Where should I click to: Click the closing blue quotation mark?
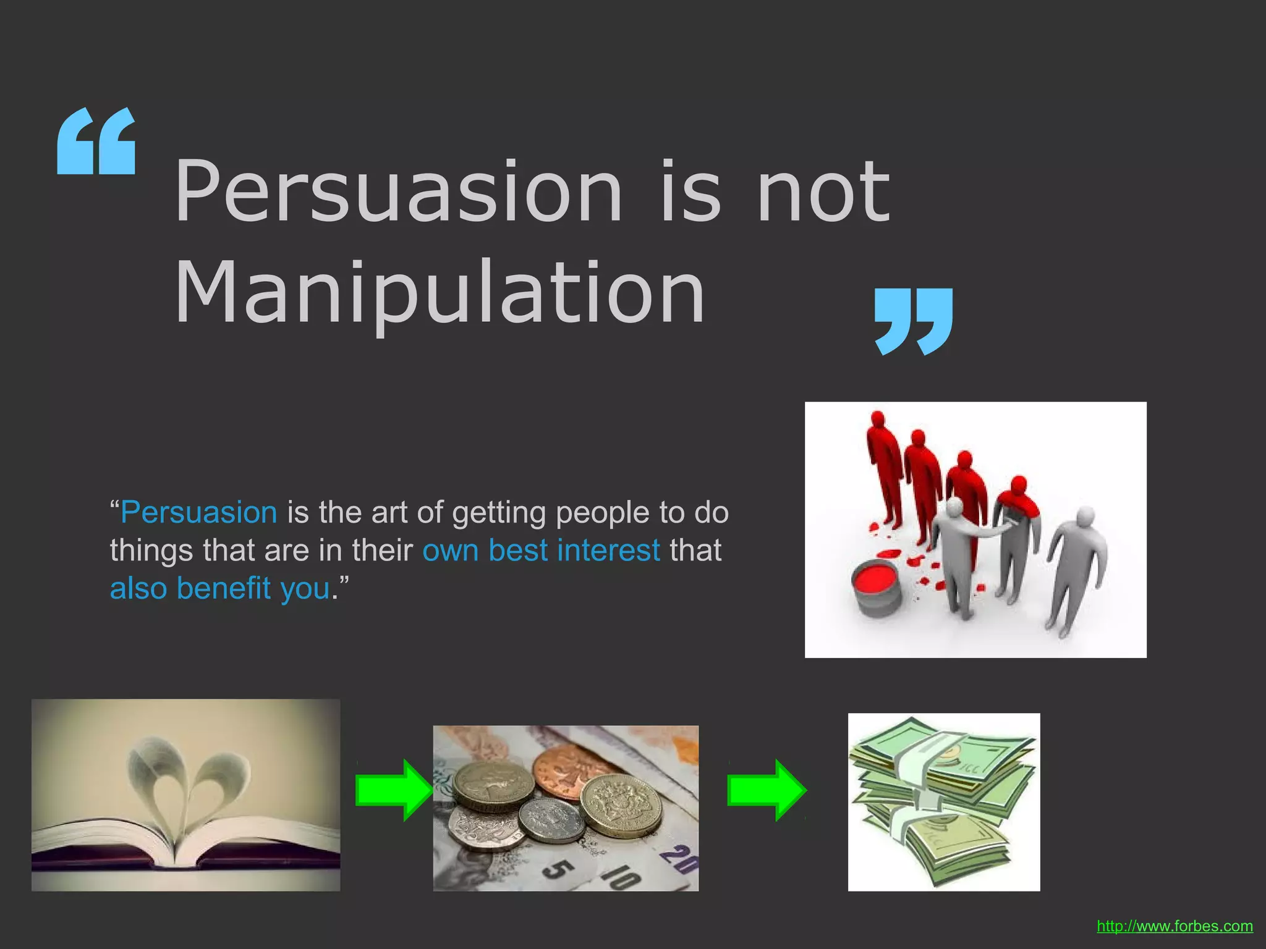pos(914,321)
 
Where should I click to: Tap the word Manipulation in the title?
pos(440,292)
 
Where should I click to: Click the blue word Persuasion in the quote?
pos(199,513)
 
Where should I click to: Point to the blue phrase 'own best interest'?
pos(541,550)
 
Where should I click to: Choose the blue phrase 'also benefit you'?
pos(220,588)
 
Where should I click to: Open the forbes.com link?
pos(1175,926)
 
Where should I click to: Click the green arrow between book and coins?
pos(393,790)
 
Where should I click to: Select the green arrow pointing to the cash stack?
pos(767,790)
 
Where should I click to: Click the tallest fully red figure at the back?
pos(883,463)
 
